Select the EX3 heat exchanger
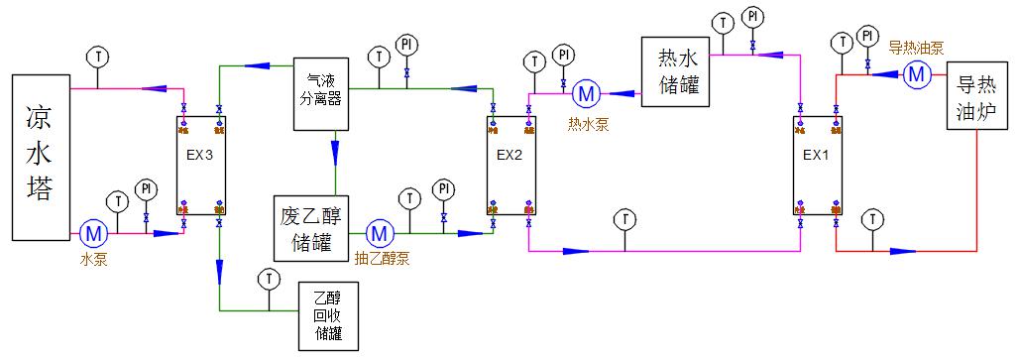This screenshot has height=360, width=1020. pyautogui.click(x=201, y=165)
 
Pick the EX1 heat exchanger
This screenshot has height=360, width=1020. pyautogui.click(x=816, y=165)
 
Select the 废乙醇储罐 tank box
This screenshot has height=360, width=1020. pyautogui.click(x=312, y=229)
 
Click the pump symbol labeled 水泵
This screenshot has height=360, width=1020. pyautogui.click(x=93, y=234)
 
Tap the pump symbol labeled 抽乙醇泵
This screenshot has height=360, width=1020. pyautogui.click(x=379, y=234)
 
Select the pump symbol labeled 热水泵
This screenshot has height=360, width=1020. pyautogui.click(x=586, y=94)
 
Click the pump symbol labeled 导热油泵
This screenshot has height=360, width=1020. pyautogui.click(x=915, y=73)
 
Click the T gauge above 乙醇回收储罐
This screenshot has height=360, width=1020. pyautogui.click(x=266, y=279)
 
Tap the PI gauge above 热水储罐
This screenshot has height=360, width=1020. pyautogui.click(x=753, y=17)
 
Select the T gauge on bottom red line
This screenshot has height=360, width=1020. pyautogui.click(x=871, y=218)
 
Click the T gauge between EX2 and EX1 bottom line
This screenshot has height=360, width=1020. pyautogui.click(x=624, y=218)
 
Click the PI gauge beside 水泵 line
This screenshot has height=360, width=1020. pyautogui.click(x=146, y=188)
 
